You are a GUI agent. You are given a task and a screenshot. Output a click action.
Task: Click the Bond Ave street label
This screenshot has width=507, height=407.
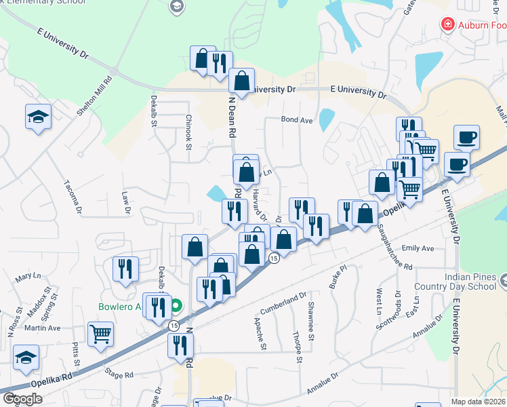(297, 120)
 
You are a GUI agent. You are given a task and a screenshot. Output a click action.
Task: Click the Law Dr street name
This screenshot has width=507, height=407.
(126, 202)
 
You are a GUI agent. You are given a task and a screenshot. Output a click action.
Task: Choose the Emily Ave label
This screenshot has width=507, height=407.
(418, 249)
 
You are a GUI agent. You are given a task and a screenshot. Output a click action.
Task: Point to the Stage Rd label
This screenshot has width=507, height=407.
(118, 374)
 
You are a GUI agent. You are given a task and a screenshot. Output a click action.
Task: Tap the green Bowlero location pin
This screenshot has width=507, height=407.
(176, 307)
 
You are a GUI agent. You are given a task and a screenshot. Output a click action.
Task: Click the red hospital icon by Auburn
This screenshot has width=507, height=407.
(447, 26)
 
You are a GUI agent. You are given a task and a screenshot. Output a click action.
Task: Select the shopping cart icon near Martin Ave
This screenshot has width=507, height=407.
(100, 333)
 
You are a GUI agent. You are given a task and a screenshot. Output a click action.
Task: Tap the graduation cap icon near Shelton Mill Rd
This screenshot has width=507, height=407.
(38, 117)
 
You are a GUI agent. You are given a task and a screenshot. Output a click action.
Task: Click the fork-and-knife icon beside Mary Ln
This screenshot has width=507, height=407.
(125, 269)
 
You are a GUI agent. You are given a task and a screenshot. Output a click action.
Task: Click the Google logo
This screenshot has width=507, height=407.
(23, 399)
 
